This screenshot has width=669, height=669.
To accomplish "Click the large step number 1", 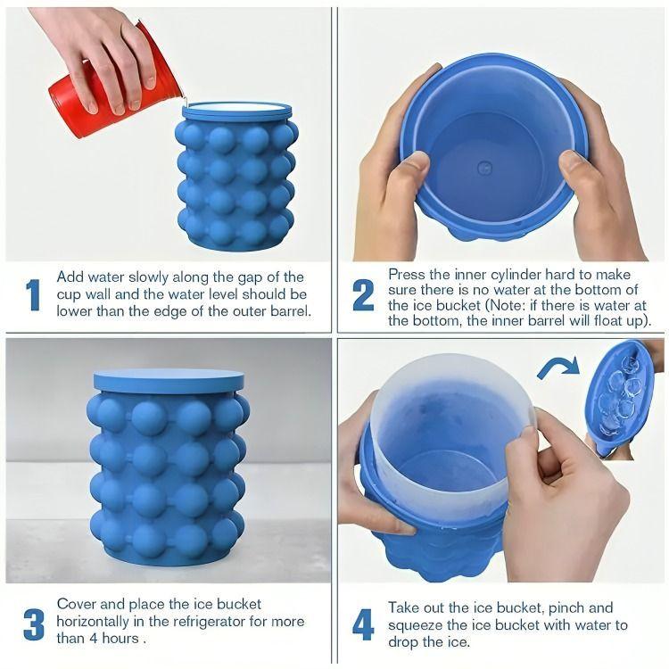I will [33, 295].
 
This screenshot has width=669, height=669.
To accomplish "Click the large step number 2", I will [363, 295].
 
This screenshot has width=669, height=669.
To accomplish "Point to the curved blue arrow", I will [555, 367].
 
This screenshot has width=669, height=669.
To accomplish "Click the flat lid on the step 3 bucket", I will [169, 379].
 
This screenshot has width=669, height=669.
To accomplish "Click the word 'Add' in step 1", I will [72, 277].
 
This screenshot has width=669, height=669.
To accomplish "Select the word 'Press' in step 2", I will [408, 274].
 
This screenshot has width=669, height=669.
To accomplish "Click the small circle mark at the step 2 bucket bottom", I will [484, 167].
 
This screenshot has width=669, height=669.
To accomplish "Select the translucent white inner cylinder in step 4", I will [446, 419].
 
